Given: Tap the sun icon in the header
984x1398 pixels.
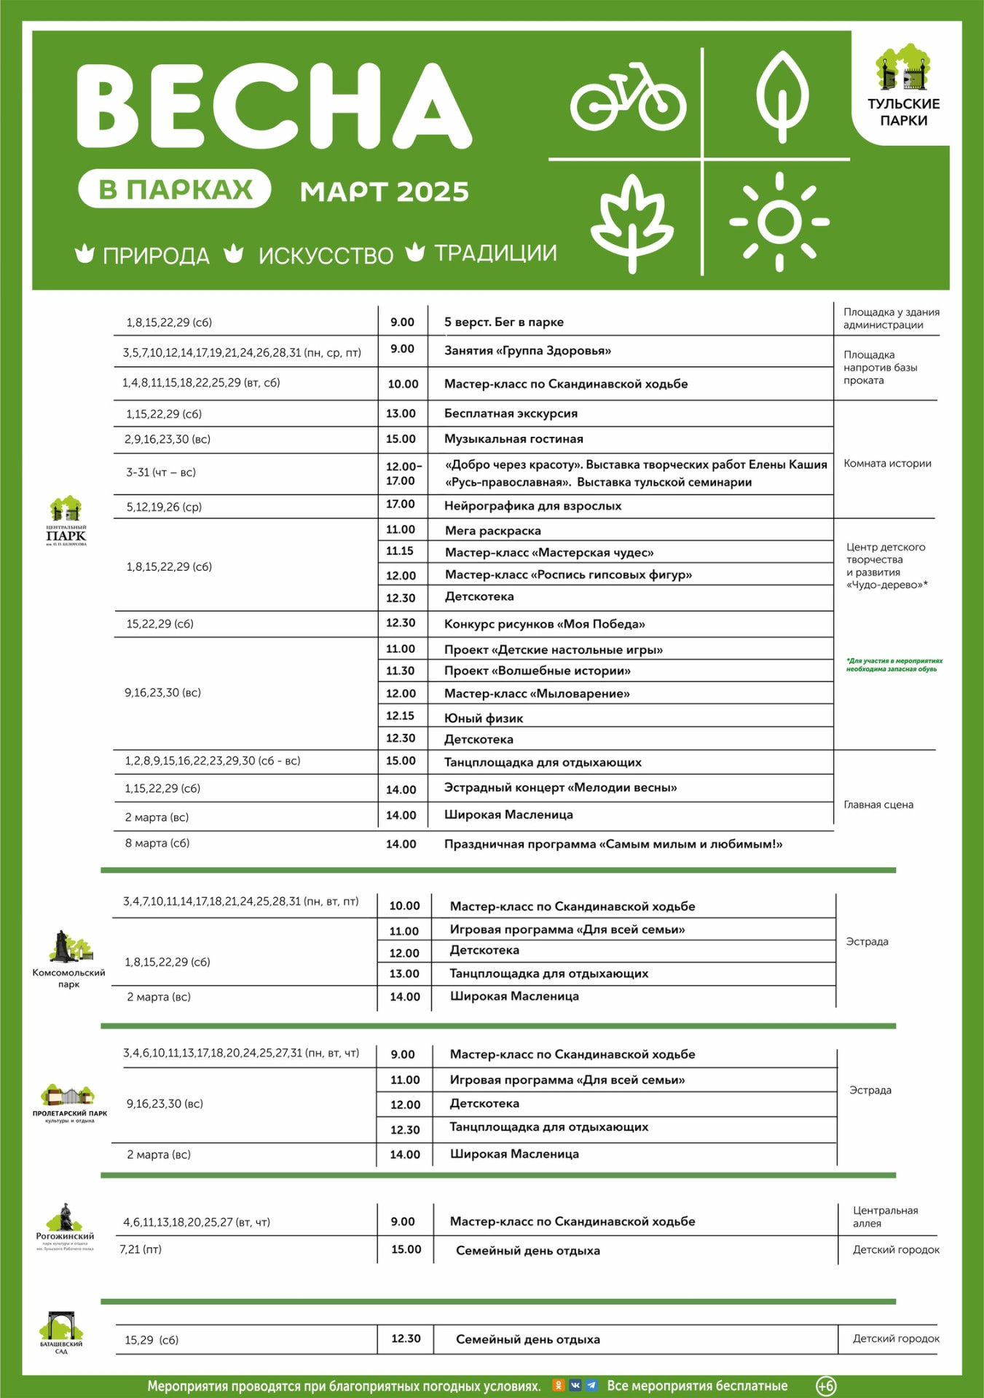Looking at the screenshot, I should tap(779, 221).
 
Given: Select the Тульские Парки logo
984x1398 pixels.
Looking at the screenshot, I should tap(903, 86).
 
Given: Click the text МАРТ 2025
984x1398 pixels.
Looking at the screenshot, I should tap(385, 191).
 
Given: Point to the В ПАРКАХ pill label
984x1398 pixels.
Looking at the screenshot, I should tap(175, 189).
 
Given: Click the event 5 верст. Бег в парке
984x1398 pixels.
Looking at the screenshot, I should tap(504, 322).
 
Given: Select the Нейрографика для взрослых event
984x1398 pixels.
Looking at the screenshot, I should tap(533, 505).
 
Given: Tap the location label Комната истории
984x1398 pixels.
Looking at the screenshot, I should tap(887, 463).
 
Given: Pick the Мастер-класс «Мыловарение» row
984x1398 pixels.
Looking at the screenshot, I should tap(538, 693).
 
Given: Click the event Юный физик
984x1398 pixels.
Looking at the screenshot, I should tap(484, 718).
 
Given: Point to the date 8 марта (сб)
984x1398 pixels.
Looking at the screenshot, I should tap(157, 843).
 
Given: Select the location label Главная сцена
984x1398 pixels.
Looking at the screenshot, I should tap(878, 805).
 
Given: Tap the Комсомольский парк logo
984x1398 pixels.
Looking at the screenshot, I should tap(69, 958).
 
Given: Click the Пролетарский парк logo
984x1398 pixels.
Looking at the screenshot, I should tap(69, 1103).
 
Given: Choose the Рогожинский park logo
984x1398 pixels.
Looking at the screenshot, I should tap(66, 1227).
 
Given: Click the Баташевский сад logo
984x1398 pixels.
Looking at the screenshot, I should tap(62, 1332).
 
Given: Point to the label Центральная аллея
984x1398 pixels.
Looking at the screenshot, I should tap(885, 1217).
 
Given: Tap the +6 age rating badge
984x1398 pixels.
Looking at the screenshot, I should tap(826, 1386).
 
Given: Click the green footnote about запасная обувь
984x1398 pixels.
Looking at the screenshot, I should tap(894, 665).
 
